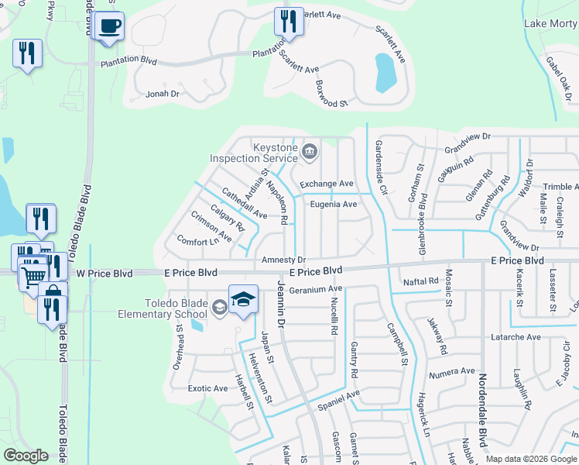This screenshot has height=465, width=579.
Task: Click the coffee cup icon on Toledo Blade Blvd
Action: pyautogui.click(x=109, y=26)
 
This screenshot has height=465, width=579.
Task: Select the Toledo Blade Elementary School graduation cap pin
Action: pyautogui.click(x=243, y=299)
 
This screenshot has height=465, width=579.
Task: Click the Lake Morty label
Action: pyautogui.click(x=550, y=23)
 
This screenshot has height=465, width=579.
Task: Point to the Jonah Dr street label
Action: pyautogui.click(x=163, y=94)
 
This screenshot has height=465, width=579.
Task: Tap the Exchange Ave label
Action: pyautogui.click(x=326, y=184)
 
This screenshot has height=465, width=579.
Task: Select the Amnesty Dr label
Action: pyautogui.click(x=283, y=260)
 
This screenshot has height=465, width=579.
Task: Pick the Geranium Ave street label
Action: pyautogui.click(x=315, y=290)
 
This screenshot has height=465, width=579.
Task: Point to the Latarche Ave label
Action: pyautogui.click(x=516, y=337)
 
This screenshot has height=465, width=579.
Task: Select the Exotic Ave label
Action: pyautogui.click(x=207, y=388)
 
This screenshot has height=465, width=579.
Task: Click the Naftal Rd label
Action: pyautogui.click(x=420, y=281)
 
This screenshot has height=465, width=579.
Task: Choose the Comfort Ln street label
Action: pyautogui.click(x=197, y=241)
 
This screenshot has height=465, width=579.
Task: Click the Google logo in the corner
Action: pyautogui.click(x=26, y=455)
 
